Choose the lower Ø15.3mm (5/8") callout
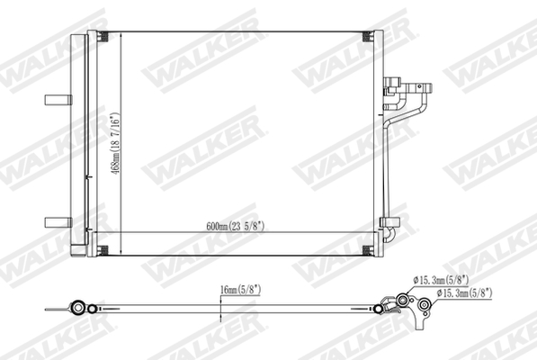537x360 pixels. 464,293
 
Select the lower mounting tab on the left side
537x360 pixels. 57,220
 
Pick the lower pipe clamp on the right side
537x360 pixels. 390,222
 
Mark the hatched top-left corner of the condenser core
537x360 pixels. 102,37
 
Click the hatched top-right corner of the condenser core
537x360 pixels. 366,37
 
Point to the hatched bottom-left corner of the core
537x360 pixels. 102,249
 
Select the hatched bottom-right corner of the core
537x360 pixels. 366,249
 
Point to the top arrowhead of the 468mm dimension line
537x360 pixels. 121,34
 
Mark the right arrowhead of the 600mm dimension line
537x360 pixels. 369,235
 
